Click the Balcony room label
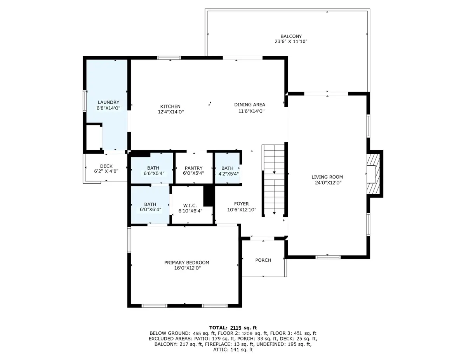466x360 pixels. [x=291, y=37]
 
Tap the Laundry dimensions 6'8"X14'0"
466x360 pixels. [x=108, y=108]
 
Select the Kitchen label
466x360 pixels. [x=170, y=106]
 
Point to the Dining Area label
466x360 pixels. [x=250, y=104]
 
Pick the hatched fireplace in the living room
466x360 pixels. [x=373, y=174]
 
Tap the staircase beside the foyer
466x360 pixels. [x=274, y=181]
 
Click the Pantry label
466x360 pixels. [x=193, y=168]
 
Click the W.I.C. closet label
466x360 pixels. [x=190, y=205]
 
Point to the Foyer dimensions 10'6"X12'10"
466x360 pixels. [x=242, y=210]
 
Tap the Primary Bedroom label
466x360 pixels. [x=186, y=263]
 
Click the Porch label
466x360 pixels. [x=263, y=260]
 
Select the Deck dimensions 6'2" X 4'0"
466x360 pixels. [x=106, y=171]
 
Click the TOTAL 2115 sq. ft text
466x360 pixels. [x=233, y=328]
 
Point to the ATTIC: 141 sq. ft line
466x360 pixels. [x=233, y=350]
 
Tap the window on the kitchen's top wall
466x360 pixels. [x=169, y=58]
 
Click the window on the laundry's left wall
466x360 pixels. [x=85, y=101]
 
